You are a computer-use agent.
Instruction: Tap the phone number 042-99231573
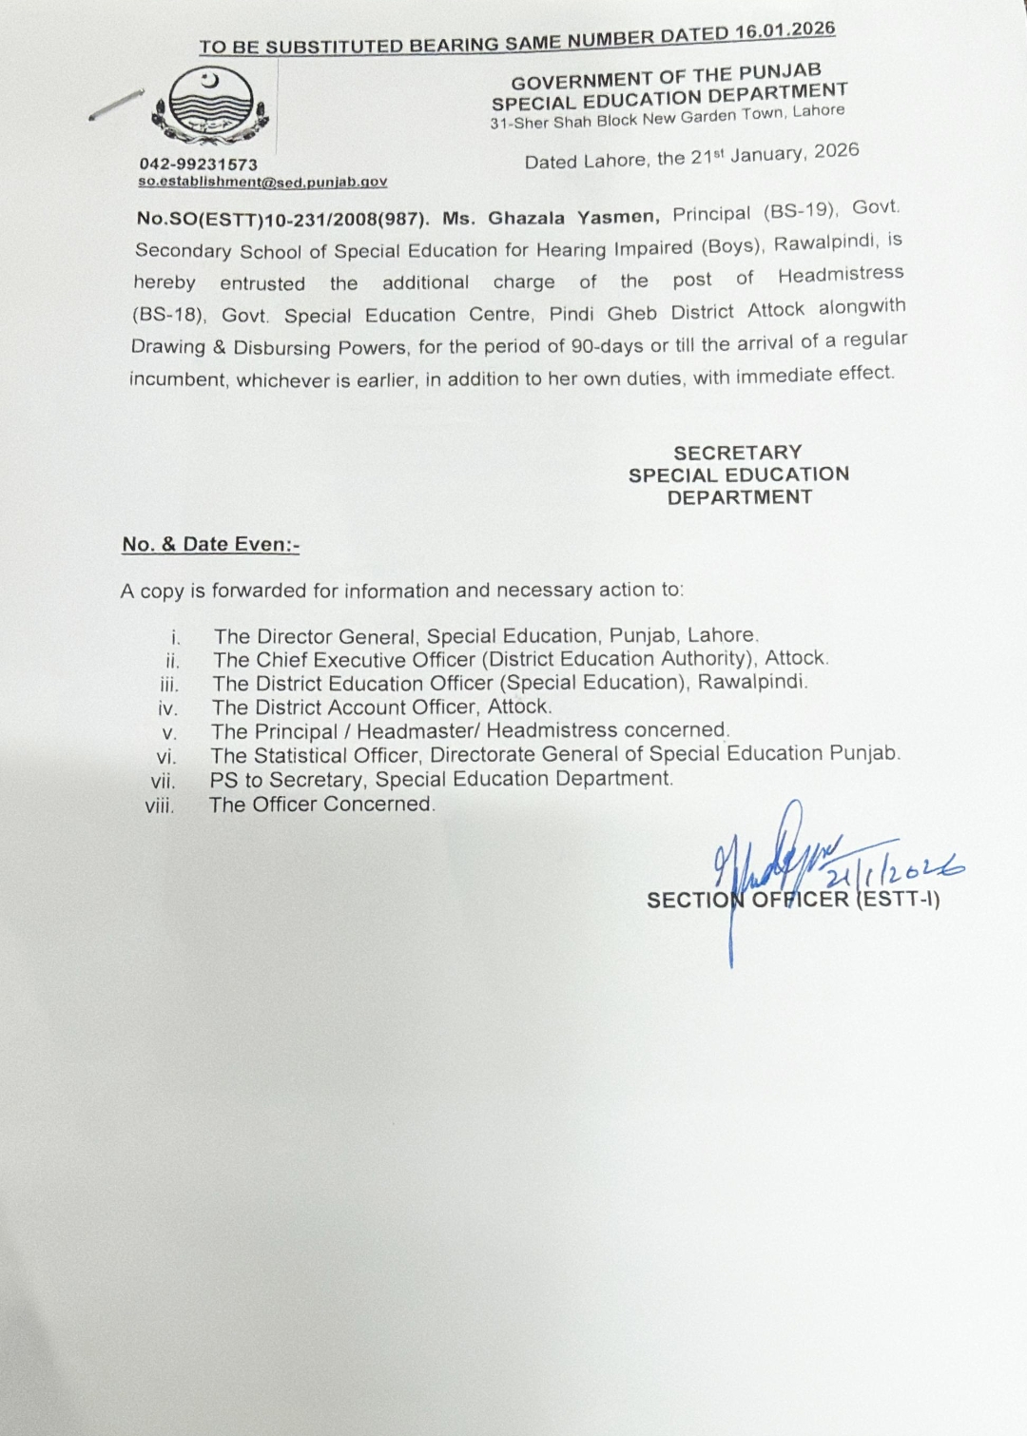coord(198,164)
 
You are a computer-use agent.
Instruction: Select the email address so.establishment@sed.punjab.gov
coord(262,181)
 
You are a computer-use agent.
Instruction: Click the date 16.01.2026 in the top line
coord(785,30)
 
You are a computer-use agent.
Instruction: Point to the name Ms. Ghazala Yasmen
coord(551,218)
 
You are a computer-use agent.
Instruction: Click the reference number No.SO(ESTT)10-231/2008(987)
coord(282,218)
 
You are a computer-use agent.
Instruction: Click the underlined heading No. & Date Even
coord(210,545)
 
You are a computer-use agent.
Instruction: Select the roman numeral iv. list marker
coord(168,708)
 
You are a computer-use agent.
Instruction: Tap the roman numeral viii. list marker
coord(160,805)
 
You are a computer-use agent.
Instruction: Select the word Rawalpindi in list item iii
coord(752,682)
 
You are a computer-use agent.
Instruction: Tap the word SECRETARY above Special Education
coord(737,453)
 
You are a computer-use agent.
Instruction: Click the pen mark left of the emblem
coord(115,105)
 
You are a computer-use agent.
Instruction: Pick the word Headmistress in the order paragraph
coord(841,275)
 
